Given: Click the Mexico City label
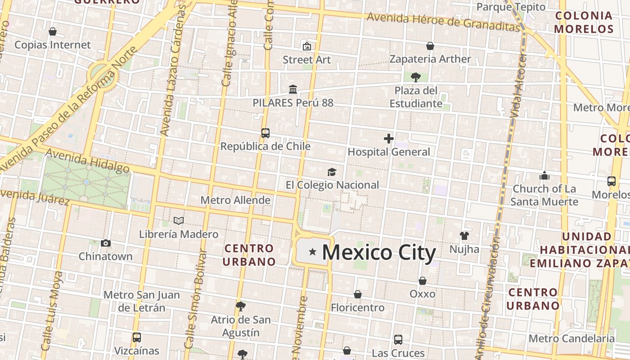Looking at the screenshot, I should click(x=379, y=252).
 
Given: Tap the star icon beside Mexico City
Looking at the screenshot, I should click(x=312, y=252).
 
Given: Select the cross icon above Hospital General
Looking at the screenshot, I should click(x=389, y=139).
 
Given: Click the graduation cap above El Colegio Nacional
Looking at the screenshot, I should click(x=332, y=172).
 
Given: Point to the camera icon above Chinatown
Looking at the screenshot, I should click(x=106, y=243).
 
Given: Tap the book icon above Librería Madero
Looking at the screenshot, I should click(x=179, y=221).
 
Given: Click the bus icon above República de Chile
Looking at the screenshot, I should click(x=265, y=133).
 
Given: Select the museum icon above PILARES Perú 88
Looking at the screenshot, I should click(x=293, y=90).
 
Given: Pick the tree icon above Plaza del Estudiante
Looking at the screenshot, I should click(x=416, y=77).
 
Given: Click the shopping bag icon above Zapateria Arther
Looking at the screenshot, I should click(x=430, y=46).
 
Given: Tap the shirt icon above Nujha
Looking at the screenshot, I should click(x=464, y=236).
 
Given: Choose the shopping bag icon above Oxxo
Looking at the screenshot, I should click(x=423, y=281).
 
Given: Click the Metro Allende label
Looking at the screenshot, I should click(x=235, y=200).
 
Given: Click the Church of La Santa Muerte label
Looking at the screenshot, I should click(x=544, y=195).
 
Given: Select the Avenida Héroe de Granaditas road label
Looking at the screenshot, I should click(x=443, y=22).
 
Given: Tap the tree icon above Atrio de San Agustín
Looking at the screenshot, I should click(x=241, y=306).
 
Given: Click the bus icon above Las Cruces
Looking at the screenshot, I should click(x=398, y=339).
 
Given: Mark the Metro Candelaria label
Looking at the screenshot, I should click(x=571, y=338).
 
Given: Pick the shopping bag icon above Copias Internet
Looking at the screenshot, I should click(x=53, y=31).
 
